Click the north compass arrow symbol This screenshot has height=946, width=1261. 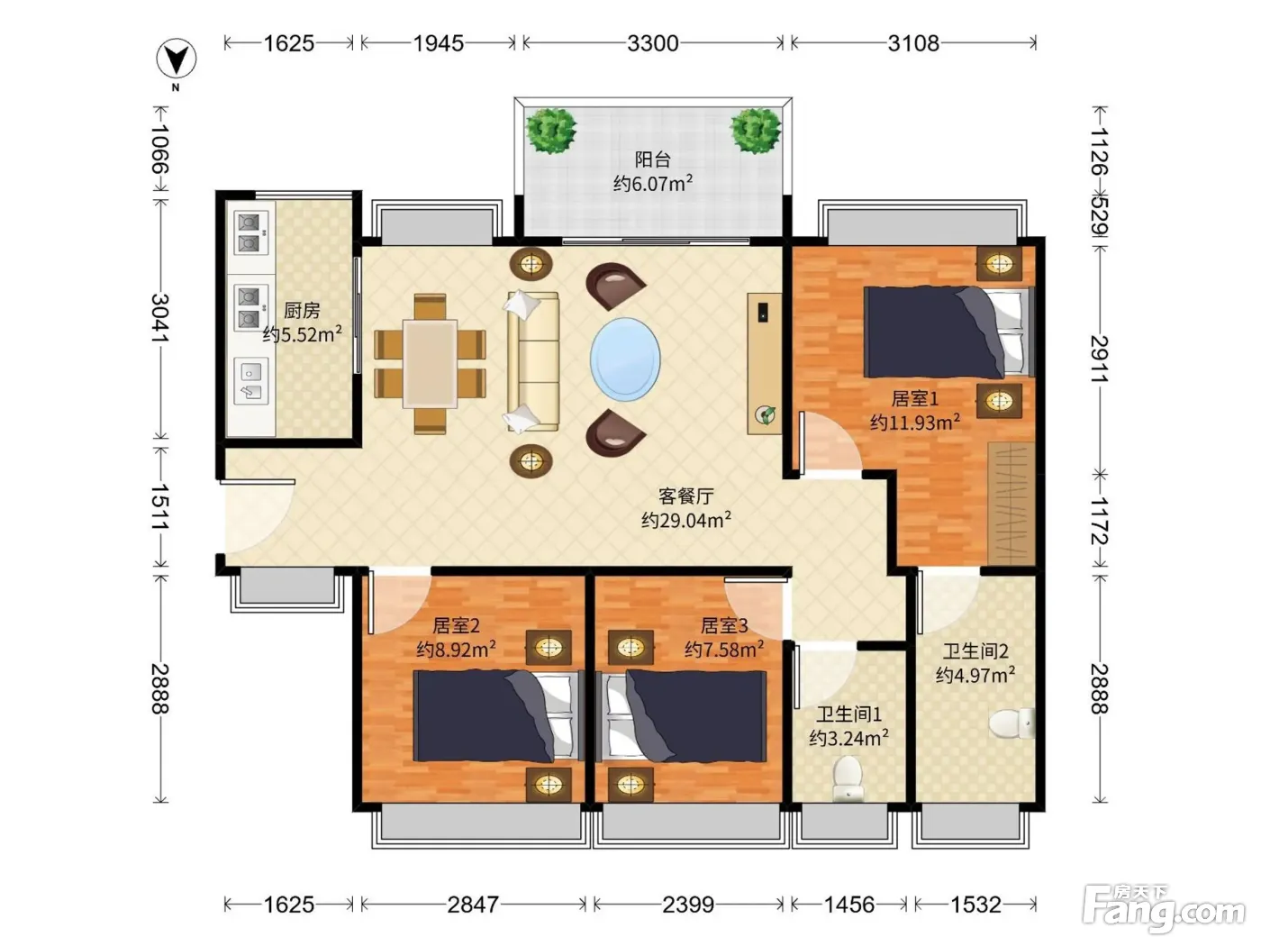(x=176, y=58)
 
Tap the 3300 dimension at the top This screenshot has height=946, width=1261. (x=653, y=43)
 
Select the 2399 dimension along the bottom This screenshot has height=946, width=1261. (x=687, y=905)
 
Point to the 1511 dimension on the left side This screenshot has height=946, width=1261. (x=160, y=507)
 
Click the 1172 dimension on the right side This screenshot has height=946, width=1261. (x=1100, y=521)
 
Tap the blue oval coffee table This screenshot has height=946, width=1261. (x=625, y=359)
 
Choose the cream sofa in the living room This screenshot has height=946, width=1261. (x=532, y=361)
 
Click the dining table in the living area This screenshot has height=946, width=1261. (x=430, y=364)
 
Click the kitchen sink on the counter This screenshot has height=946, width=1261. (x=251, y=381)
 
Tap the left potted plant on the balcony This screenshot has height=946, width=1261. (x=551, y=131)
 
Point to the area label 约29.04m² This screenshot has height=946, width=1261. (x=686, y=520)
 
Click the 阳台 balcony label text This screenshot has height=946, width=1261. (x=653, y=159)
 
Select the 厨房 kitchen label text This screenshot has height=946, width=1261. (x=302, y=310)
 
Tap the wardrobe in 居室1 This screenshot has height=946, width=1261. (x=1012, y=503)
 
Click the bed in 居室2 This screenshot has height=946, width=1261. (x=499, y=716)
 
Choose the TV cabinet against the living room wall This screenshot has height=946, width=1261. (x=764, y=364)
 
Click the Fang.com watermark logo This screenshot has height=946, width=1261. (x=1164, y=908)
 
